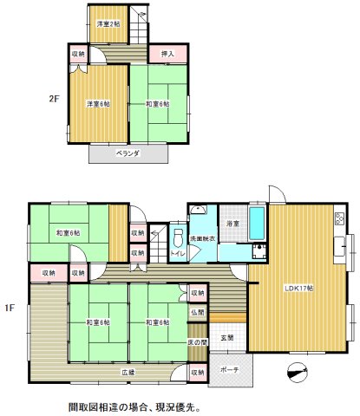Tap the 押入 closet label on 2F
(x=168, y=55)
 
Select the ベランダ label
(x=128, y=153)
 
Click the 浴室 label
(x=232, y=224)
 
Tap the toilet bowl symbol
(x=177, y=237)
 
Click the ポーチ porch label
(x=230, y=369)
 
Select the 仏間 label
(x=199, y=311)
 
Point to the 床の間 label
(x=198, y=342)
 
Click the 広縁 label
(x=128, y=374)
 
